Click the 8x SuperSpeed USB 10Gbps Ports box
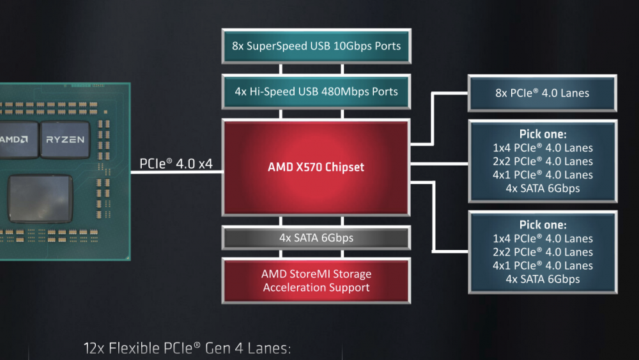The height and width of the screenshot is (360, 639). [x=316, y=46]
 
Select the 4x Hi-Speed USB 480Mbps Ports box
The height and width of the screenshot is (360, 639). [x=316, y=91]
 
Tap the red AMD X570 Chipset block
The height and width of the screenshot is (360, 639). [x=316, y=167]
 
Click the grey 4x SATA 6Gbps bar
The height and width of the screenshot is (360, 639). [x=316, y=238]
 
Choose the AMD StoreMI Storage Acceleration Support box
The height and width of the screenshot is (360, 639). [x=316, y=281]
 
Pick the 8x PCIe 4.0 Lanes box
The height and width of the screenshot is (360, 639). [x=543, y=93]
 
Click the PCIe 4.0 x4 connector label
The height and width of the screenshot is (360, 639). [x=176, y=164]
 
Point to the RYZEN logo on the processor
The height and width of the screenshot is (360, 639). [x=65, y=139]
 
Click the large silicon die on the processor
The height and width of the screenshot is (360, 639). [x=40, y=199]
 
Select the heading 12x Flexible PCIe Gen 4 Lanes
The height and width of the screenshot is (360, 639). [x=187, y=348]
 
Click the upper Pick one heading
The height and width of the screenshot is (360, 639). [x=543, y=134]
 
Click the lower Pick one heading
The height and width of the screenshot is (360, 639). [x=543, y=224]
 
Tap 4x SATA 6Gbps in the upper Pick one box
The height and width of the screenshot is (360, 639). [x=543, y=189]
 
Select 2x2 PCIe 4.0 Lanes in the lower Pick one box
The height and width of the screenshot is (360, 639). [x=543, y=252]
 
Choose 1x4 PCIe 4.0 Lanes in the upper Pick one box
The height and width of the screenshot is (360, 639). [x=543, y=148]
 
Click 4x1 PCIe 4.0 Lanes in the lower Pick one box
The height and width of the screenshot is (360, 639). [x=543, y=265]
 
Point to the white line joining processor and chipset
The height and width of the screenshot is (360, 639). [x=176, y=172]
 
